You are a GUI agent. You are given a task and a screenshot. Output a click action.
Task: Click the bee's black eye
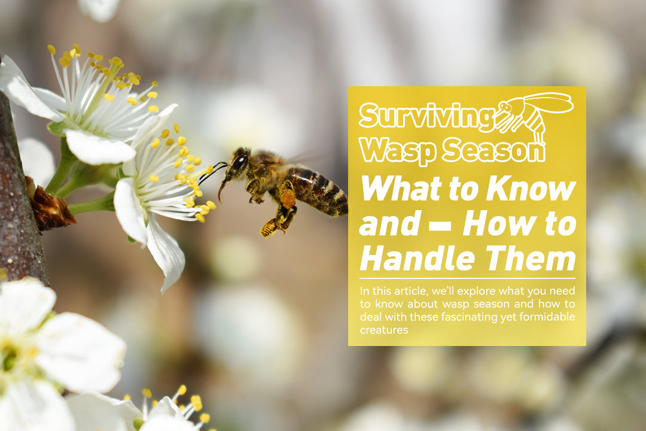point(240,162)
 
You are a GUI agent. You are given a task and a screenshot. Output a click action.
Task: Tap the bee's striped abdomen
point(320,190)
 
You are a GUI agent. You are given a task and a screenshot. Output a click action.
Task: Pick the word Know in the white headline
point(531,189)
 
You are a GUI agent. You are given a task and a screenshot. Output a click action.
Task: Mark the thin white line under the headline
point(467,278)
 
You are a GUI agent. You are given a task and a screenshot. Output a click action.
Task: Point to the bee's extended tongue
point(222,190)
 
